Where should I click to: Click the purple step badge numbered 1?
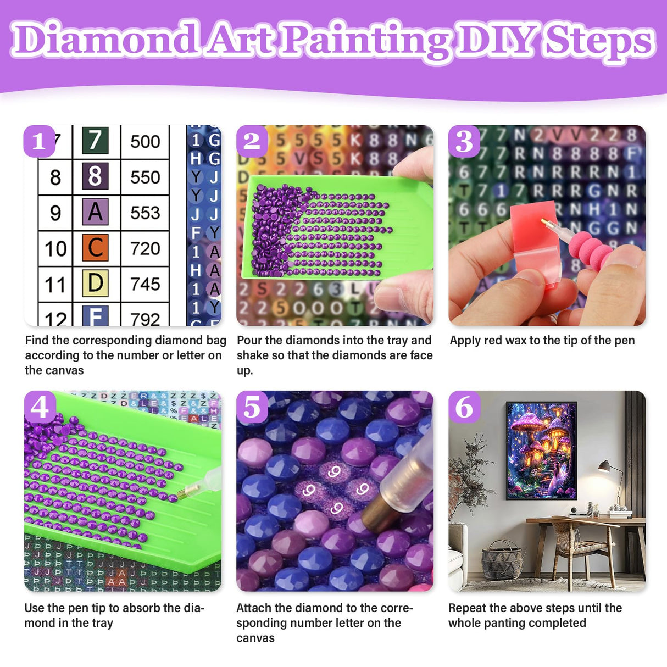click(39, 141)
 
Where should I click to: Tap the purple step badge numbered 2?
click(252, 141)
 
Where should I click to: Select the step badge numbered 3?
click(464, 141)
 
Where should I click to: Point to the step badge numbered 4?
click(40, 407)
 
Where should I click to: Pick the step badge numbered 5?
click(252, 407)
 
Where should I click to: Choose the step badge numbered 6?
click(464, 407)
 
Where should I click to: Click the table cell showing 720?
click(145, 248)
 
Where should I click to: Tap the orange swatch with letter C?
click(95, 248)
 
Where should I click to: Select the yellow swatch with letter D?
click(95, 284)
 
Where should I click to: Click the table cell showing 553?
click(145, 213)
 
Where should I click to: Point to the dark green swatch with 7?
click(95, 141)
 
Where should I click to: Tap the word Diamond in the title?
click(104, 40)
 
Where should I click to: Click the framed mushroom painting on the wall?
click(541, 450)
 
